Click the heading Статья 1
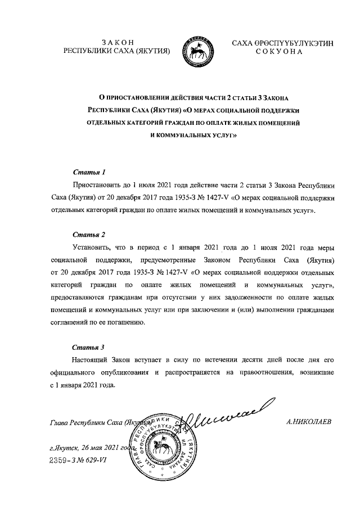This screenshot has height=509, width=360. tap(89, 171)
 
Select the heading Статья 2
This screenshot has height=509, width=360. tap(89, 234)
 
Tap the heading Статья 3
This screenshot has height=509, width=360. tap(89, 346)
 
